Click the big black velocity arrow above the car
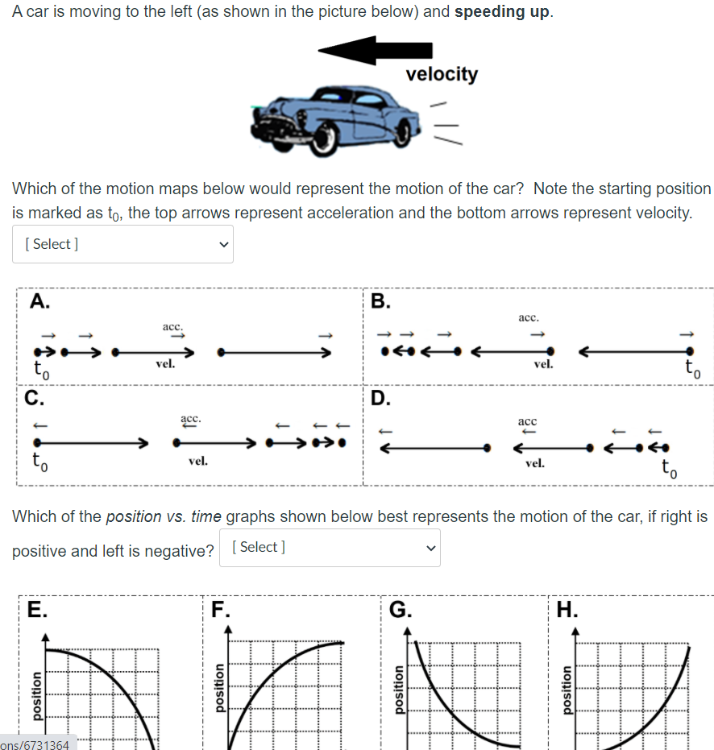tap(363, 50)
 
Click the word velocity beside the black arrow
tap(442, 74)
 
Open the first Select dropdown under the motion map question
tap(122, 244)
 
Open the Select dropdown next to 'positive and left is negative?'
tap(330, 548)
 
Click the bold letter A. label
tap(39, 301)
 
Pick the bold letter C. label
tap(34, 397)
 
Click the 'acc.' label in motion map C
tap(191, 420)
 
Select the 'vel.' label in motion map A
tap(165, 364)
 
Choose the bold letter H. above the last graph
tap(568, 608)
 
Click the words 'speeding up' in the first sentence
tap(502, 14)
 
